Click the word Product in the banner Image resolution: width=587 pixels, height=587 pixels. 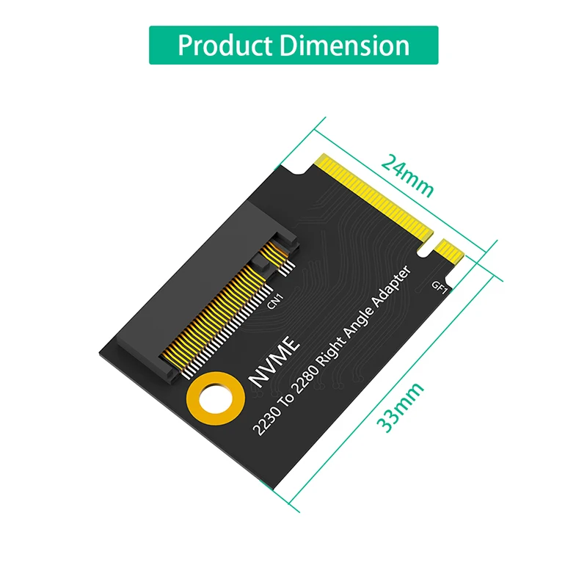(225, 45)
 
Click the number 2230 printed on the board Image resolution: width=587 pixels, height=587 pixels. (266, 424)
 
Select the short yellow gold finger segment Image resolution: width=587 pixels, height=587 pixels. (450, 253)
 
